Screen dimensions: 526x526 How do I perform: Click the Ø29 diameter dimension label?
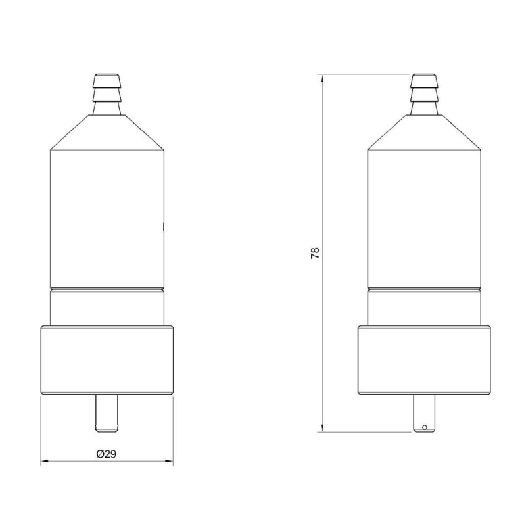[107, 454]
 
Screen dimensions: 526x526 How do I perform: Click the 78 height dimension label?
[316, 252]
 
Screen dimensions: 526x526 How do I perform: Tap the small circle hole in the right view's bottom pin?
[424, 427]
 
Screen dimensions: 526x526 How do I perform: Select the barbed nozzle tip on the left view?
[107, 94]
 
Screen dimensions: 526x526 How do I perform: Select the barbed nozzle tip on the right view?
[424, 94]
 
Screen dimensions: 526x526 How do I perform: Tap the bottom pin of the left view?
[107, 414]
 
